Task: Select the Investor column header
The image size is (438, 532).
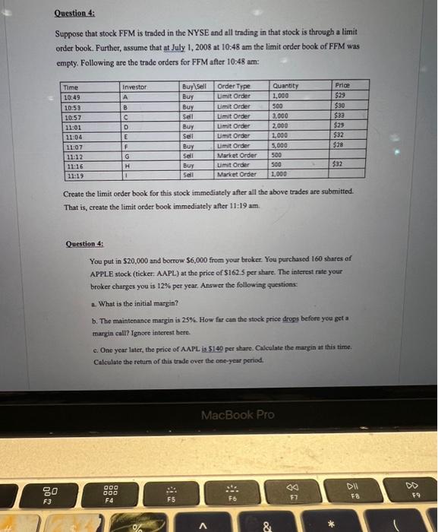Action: (134, 87)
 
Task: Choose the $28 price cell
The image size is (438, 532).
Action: (339, 144)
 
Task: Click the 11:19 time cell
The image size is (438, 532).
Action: (73, 175)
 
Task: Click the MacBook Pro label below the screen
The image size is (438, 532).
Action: (238, 415)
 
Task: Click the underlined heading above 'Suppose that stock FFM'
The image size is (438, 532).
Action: (75, 14)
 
